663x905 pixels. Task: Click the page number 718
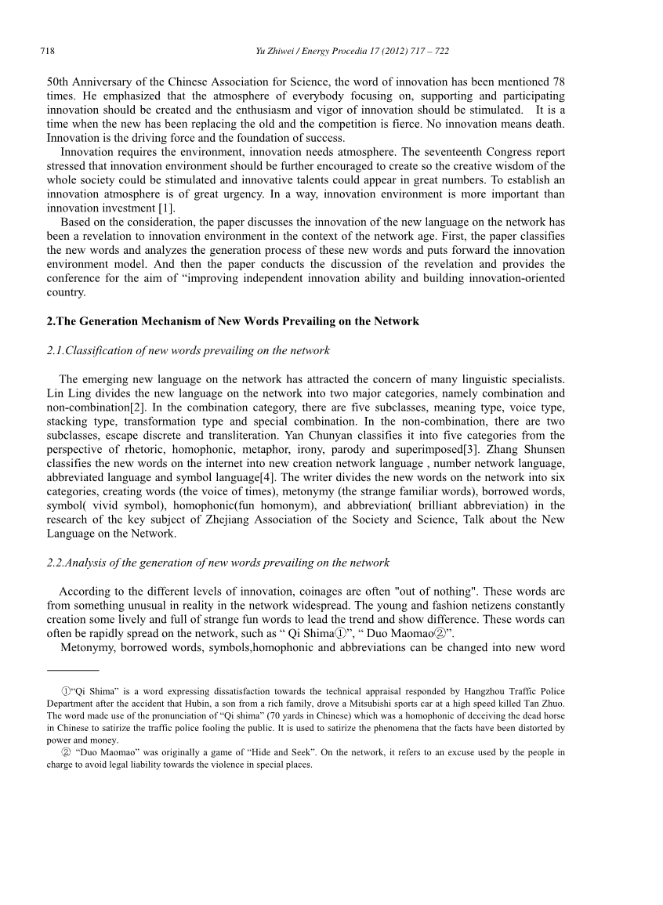tap(46, 52)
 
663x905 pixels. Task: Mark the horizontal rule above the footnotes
tap(73, 671)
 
